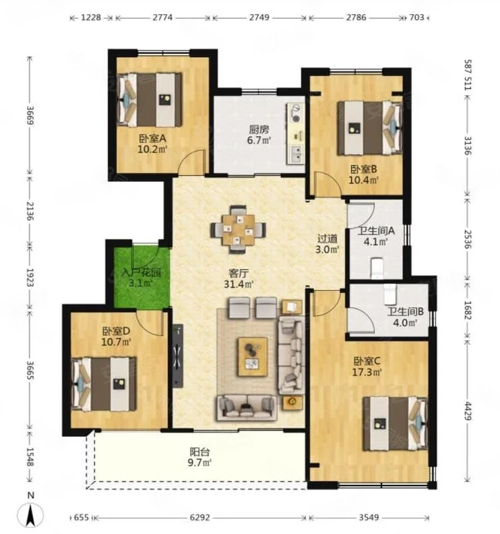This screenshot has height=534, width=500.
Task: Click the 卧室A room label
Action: click(x=152, y=139)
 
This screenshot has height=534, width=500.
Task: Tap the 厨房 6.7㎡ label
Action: click(x=259, y=135)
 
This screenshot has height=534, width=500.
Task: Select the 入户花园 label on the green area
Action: click(x=142, y=273)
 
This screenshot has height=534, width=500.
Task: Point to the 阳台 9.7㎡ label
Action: click(x=200, y=457)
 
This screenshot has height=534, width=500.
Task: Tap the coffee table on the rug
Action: click(x=253, y=357)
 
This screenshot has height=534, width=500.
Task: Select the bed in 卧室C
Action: click(x=396, y=423)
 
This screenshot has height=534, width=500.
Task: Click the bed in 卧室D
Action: click(x=104, y=384)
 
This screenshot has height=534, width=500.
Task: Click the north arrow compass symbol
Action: click(x=31, y=514)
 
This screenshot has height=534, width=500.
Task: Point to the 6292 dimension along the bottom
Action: click(x=199, y=518)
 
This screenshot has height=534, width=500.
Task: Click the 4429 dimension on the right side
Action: click(x=468, y=411)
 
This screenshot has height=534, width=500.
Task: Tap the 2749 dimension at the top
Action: click(x=259, y=17)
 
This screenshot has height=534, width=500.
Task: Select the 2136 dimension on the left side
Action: click(x=31, y=211)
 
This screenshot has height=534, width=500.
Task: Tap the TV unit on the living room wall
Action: click(x=178, y=356)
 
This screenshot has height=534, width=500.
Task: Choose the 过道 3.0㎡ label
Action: click(x=327, y=244)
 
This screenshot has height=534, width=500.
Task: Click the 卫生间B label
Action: click(x=405, y=311)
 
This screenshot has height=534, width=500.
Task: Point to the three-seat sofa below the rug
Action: click(x=246, y=407)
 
